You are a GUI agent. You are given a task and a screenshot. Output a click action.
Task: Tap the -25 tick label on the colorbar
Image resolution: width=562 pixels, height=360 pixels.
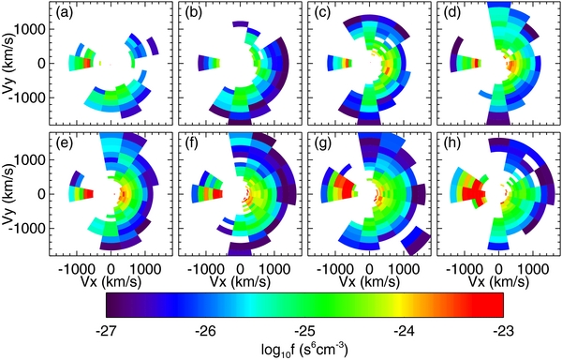coord(305,330)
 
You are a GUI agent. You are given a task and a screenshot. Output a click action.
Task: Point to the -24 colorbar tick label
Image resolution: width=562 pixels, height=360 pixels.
coord(405,330)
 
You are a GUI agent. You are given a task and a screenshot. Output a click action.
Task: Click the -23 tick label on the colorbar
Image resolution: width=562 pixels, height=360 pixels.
coord(503,330)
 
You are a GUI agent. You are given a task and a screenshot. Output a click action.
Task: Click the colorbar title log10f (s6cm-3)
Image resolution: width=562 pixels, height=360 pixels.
coord(305,349)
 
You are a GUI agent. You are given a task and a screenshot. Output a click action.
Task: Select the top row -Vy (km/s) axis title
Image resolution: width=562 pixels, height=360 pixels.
coord(12,64)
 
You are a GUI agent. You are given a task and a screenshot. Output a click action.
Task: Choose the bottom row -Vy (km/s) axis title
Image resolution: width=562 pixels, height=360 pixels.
coord(12,195)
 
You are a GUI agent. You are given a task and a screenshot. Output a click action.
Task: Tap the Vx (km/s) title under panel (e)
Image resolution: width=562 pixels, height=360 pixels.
coord(119,279)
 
